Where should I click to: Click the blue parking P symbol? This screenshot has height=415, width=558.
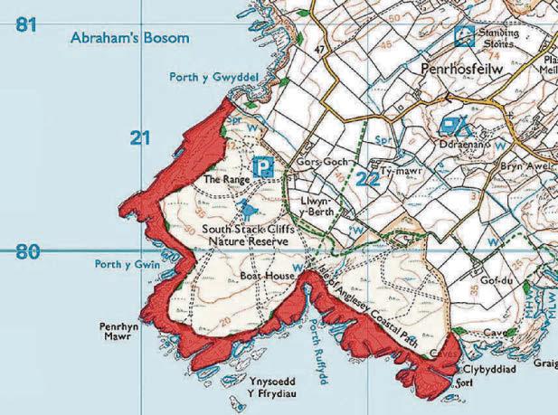coord(263,166)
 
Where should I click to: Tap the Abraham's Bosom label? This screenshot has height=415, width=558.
coord(129,38)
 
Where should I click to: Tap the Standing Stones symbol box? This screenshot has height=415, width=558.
coord(464,36)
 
